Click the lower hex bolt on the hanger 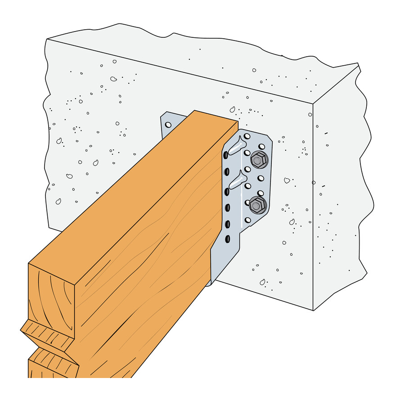point(257,205)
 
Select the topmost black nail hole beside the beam point(226,156)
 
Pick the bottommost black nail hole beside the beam point(228,238)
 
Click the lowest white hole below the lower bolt point(247,220)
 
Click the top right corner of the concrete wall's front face point(314,104)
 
